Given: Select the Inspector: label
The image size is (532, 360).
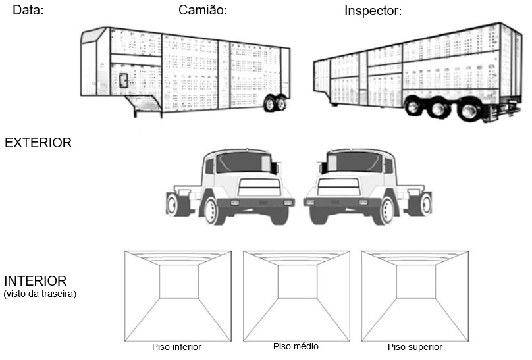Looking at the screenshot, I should pyautogui.click(x=373, y=11).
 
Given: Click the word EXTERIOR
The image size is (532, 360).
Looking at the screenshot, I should pyautogui.click(x=38, y=143).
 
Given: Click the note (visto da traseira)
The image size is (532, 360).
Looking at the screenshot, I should pyautogui.click(x=40, y=294).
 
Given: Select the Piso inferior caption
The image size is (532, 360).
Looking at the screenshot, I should pyautogui.click(x=176, y=347).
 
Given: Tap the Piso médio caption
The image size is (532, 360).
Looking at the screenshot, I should pyautogui.click(x=296, y=346).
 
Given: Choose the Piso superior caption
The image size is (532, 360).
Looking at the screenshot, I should pyautogui.click(x=415, y=347).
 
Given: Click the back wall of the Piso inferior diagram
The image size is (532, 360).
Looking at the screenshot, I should pyautogui.click(x=178, y=282).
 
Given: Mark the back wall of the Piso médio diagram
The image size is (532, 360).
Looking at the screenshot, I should pyautogui.click(x=297, y=282).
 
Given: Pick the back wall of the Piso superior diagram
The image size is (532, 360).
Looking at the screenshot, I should pyautogui.click(x=415, y=282).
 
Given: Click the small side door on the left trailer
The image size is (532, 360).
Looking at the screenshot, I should pyautogui.click(x=123, y=80).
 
